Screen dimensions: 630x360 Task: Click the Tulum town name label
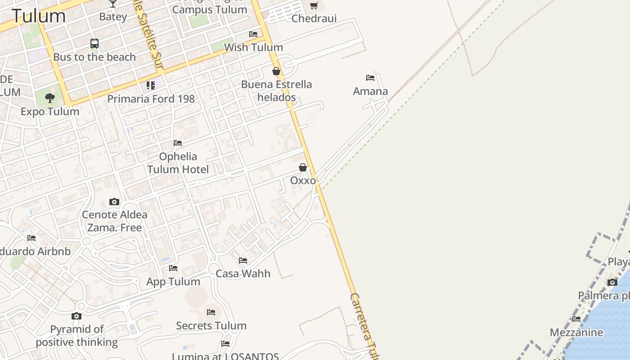click(39, 16)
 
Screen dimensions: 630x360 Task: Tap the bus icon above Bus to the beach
click(94, 44)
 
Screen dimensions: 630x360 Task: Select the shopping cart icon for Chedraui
click(314, 6)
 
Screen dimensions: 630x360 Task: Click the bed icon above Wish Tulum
click(253, 34)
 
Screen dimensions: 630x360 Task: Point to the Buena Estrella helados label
click(276, 90)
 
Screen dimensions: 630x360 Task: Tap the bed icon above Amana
click(370, 78)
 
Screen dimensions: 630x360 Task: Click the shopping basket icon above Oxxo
click(303, 167)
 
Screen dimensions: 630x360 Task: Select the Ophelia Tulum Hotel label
click(178, 163)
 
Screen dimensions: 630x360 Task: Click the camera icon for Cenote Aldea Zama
click(114, 202)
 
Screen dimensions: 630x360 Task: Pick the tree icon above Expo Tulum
click(50, 98)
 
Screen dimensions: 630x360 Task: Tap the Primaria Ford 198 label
click(151, 99)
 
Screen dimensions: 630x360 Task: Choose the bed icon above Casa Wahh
click(243, 260)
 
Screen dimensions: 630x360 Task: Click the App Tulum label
click(173, 282)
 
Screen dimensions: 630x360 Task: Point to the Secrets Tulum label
click(211, 325)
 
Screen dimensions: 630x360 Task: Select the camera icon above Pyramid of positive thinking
click(76, 316)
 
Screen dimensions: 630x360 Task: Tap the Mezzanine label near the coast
click(576, 333)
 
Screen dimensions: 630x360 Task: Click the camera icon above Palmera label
click(612, 283)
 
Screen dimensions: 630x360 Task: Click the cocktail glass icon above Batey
click(113, 4)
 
